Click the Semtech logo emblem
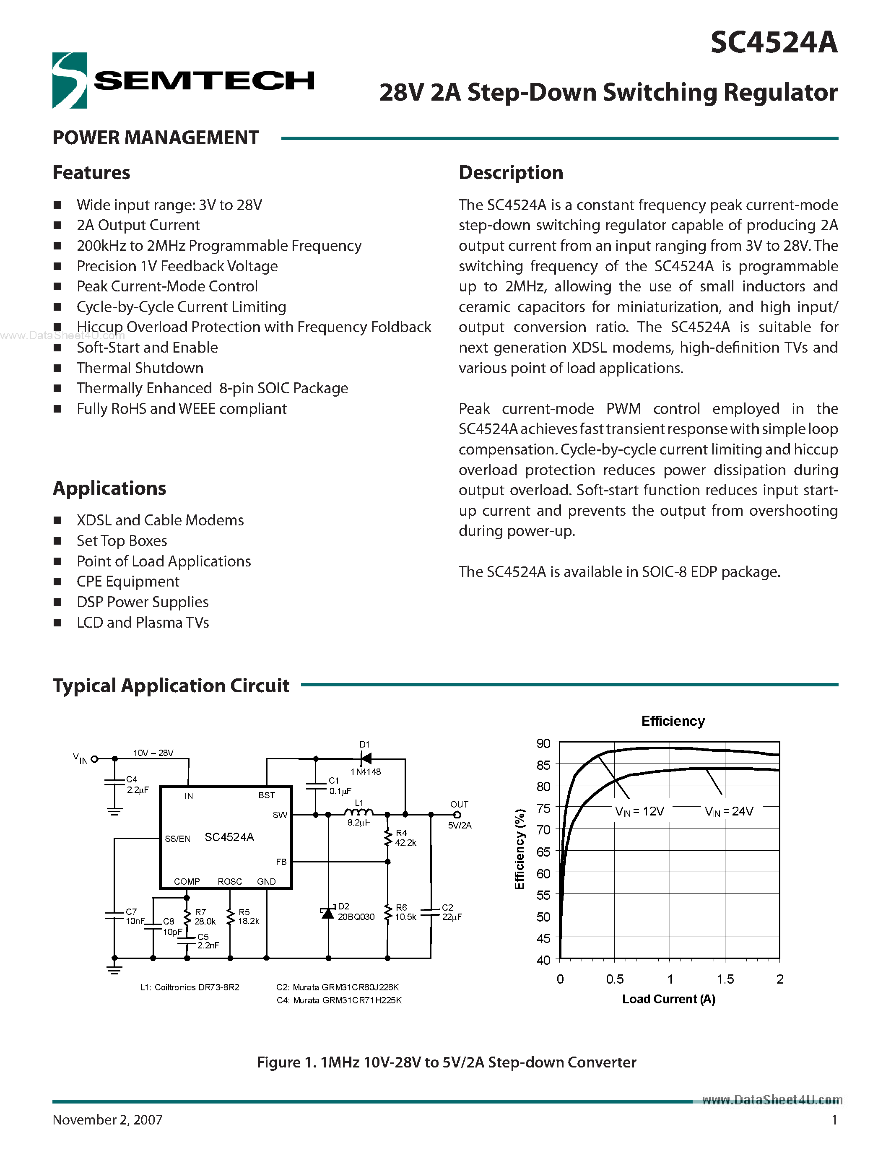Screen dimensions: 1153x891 [x=70, y=80]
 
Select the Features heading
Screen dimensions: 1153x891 [x=91, y=173]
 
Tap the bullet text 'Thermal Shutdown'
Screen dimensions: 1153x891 [x=140, y=368]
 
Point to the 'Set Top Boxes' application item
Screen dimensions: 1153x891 [x=122, y=540]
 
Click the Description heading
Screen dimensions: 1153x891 [x=510, y=173]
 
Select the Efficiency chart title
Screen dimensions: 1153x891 [x=673, y=721]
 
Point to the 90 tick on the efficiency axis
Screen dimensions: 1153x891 [x=543, y=743]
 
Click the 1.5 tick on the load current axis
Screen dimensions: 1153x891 [x=725, y=979]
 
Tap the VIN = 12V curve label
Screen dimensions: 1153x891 [x=639, y=811]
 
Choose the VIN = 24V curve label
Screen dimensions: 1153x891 [x=729, y=811]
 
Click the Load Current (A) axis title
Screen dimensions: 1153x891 [x=668, y=1000]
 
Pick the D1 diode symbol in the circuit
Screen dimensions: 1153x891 [x=365, y=758]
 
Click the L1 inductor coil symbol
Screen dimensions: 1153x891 [x=359, y=813]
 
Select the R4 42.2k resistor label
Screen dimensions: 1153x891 [x=405, y=838]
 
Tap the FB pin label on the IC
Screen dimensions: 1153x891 [x=281, y=862]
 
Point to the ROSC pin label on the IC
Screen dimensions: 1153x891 [x=230, y=882]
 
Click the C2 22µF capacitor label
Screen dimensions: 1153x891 [x=451, y=912]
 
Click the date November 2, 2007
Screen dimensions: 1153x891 [x=108, y=1119]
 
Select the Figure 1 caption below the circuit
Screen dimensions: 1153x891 [x=447, y=1062]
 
